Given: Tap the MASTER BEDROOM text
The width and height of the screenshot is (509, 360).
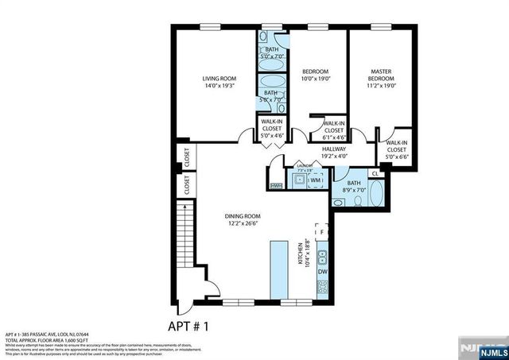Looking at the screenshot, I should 381,75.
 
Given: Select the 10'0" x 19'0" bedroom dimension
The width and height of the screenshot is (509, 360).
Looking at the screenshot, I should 315,79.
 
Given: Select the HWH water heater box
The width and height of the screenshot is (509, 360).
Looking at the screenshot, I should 276,186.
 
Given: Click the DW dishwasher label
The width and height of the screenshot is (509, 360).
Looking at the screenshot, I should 322,273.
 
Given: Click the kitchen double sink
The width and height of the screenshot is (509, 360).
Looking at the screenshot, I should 322,256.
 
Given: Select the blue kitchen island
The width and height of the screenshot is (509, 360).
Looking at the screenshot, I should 279,270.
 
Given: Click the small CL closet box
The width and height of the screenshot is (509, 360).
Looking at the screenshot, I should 375,172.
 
